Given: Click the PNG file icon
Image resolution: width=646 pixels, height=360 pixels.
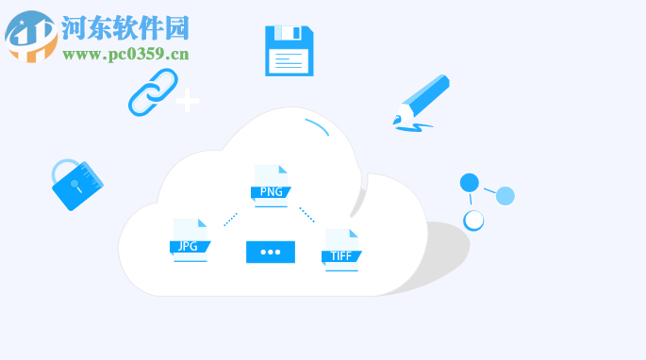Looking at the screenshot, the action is pos(270,184).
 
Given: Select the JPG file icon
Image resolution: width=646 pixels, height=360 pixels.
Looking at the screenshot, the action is pos(190,239).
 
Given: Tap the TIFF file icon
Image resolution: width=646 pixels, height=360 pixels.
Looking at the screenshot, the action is pos(340,249).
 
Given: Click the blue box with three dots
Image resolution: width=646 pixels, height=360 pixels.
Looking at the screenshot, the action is pos(271,252).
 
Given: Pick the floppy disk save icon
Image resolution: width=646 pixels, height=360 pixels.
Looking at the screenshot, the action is pos(289,51).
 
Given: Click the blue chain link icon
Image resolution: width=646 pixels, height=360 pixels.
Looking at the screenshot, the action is pos(152,91).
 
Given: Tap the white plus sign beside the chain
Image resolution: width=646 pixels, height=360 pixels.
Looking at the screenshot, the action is pos(188,100).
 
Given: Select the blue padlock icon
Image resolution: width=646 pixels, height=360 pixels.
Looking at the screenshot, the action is pos(76,184).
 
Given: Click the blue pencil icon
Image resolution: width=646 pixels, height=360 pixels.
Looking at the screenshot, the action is pos(422,102).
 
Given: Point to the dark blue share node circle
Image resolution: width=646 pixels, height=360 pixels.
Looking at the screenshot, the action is pos(470,183).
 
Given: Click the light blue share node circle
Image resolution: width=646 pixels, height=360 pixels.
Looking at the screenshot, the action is pos(505,196).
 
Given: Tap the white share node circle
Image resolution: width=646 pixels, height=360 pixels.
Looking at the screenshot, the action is pos(473,221).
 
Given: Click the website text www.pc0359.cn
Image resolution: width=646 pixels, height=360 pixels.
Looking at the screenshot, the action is pos(125,54).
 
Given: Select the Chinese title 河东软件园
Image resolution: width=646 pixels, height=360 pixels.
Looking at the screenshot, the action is pos(125,27).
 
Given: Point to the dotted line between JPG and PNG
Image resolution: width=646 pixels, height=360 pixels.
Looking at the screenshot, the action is pos(231,219).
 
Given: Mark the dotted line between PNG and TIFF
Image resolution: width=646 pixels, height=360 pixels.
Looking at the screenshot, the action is pos(306,215).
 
